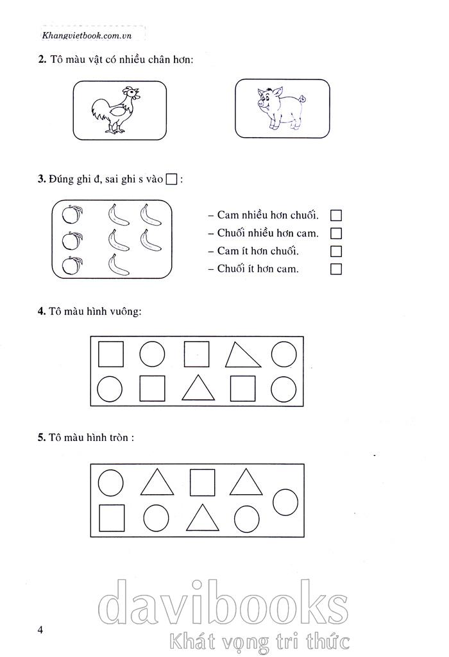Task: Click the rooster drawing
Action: pyautogui.click(x=116, y=110)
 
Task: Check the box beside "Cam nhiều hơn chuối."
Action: pyautogui.click(x=336, y=215)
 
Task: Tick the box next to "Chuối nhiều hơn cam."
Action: pyautogui.click(x=336, y=233)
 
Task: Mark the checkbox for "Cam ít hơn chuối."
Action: pyautogui.click(x=336, y=251)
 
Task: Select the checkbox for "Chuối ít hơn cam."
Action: pyautogui.click(x=336, y=269)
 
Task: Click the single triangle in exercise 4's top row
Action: pyautogui.click(x=242, y=355)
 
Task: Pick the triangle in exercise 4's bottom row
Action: pyautogui.click(x=198, y=388)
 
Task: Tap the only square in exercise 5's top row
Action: pyautogui.click(x=203, y=482)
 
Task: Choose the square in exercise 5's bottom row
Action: pyautogui.click(x=112, y=518)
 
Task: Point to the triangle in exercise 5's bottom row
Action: pyautogui.click(x=203, y=518)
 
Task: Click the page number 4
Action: pyautogui.click(x=40, y=630)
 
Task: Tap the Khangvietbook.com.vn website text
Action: pyautogui.click(x=87, y=36)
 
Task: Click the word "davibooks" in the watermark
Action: pyautogui.click(x=223, y=603)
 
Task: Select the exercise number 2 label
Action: pyautogui.click(x=42, y=60)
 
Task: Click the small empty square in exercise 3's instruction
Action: pyautogui.click(x=171, y=179)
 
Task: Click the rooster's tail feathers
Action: pyautogui.click(x=100, y=110)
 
